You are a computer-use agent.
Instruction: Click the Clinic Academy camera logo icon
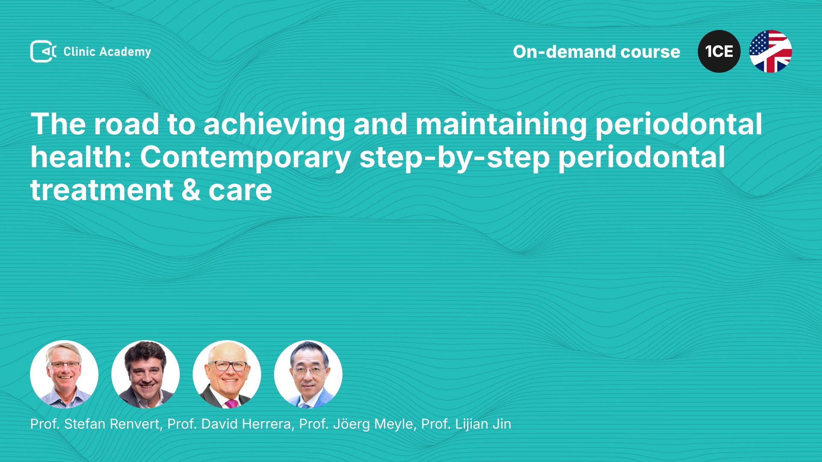[x=43, y=51]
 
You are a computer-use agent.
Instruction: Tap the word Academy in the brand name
[x=125, y=52]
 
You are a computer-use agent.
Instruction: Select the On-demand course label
[x=596, y=52]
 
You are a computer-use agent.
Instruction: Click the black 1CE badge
[x=719, y=51]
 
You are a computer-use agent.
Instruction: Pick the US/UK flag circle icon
[x=771, y=51]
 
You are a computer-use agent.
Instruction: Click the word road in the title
[x=126, y=124]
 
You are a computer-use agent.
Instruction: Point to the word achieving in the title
[x=274, y=125]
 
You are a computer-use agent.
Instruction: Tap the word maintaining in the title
[x=501, y=125]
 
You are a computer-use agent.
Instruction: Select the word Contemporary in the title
[x=245, y=158]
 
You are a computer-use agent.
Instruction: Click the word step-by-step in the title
[x=455, y=158]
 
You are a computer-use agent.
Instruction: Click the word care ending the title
[x=240, y=191]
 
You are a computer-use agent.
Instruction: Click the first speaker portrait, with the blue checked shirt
[x=64, y=374]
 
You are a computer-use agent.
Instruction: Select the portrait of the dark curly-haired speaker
[x=146, y=374]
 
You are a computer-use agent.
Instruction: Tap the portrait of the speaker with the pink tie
[x=227, y=374]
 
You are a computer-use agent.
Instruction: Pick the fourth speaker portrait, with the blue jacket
[x=308, y=374]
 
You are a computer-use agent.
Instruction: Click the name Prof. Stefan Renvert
[x=95, y=424]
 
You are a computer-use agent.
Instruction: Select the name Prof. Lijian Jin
[x=466, y=424]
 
